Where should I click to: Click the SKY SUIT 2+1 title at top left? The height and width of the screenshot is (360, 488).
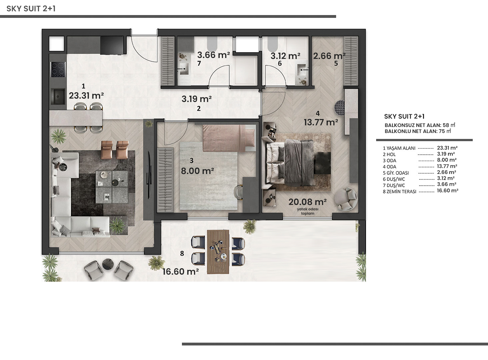click(x=31, y=8)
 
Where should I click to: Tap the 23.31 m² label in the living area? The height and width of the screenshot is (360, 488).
click(x=86, y=95)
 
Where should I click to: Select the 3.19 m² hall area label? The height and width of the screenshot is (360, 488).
click(x=197, y=99)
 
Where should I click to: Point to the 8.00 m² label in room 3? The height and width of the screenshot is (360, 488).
click(x=197, y=171)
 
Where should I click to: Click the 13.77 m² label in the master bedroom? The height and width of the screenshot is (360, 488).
click(x=321, y=122)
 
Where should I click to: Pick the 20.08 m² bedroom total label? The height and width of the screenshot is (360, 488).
click(x=307, y=202)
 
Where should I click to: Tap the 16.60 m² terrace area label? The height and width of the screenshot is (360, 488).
click(x=181, y=272)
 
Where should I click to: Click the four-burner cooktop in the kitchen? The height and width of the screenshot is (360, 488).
click(x=58, y=69)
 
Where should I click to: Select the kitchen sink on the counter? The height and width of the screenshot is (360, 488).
click(x=58, y=97)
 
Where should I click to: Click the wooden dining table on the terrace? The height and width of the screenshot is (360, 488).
click(x=218, y=252)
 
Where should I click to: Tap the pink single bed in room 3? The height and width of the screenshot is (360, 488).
click(x=229, y=138)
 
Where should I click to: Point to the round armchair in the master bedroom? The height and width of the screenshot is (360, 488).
click(x=346, y=199)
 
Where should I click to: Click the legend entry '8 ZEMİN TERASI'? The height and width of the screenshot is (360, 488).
click(x=400, y=192)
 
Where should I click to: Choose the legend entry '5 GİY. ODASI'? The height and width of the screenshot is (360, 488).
click(x=396, y=173)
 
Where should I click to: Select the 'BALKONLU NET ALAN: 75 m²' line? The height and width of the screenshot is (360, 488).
click(x=418, y=131)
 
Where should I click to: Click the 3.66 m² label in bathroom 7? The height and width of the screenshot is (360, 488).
click(x=213, y=55)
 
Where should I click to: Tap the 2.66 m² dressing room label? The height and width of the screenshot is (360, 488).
click(x=329, y=56)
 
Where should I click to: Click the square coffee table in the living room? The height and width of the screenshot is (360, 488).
click(x=112, y=187)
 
